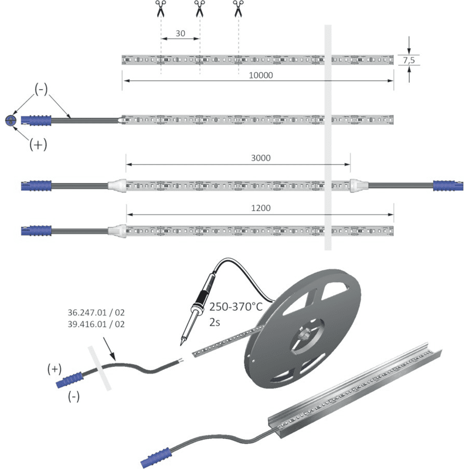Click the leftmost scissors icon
(160, 8)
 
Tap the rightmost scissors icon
(238, 8)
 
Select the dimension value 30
(181, 33)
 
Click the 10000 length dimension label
(261, 75)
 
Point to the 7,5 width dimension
(409, 60)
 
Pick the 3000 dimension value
(261, 158)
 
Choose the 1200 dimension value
(261, 208)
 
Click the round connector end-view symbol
(11, 120)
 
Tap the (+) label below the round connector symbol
(38, 145)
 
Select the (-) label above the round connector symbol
(41, 89)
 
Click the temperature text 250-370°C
(236, 307)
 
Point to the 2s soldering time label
(215, 322)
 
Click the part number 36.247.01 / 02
(96, 312)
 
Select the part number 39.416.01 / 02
(96, 324)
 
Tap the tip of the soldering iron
(181, 345)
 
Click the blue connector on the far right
(448, 185)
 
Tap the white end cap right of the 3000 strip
(359, 185)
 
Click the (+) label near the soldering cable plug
(55, 369)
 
